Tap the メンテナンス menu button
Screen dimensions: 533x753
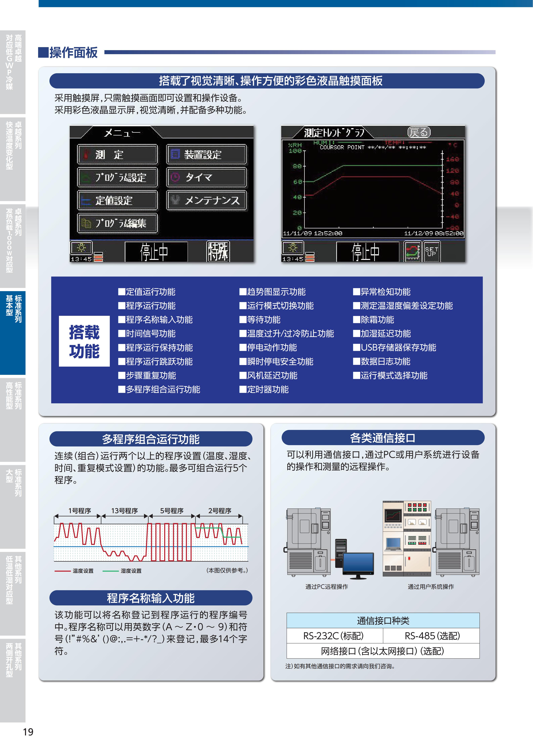pyautogui.click(x=206, y=200)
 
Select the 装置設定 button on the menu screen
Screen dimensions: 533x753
pyautogui.click(x=206, y=154)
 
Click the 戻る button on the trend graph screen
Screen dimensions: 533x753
pyautogui.click(x=419, y=132)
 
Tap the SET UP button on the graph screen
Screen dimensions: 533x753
pyautogui.click(x=431, y=252)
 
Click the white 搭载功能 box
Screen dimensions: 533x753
pyautogui.click(x=84, y=341)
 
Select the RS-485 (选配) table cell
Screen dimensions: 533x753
pyautogui.click(x=431, y=636)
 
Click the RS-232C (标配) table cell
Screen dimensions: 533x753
pyautogui.click(x=335, y=636)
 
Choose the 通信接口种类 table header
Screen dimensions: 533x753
pyautogui.click(x=383, y=621)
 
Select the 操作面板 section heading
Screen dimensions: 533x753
pyautogui.click(x=73, y=52)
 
